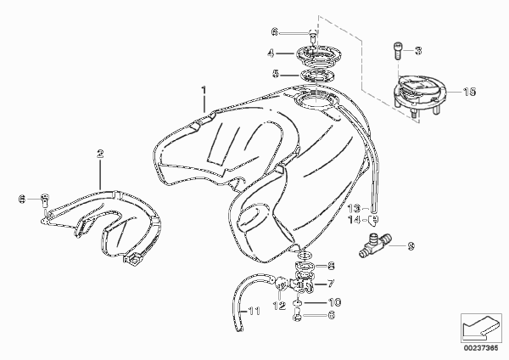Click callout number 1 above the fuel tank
tap(204, 90)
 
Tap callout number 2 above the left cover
tap(100, 154)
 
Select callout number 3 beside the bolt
tap(418, 51)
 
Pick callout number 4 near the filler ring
tap(271, 53)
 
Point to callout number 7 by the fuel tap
tap(331, 284)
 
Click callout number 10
tap(335, 302)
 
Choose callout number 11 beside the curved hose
tap(255, 312)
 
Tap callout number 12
tap(279, 306)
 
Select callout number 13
tap(354, 208)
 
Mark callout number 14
tap(354, 220)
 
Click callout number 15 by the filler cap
tap(469, 92)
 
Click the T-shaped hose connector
tap(375, 244)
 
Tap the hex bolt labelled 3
tap(397, 51)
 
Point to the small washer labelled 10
tap(298, 303)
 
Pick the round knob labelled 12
tap(280, 284)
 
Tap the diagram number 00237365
tap(481, 348)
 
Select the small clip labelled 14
tap(374, 221)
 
